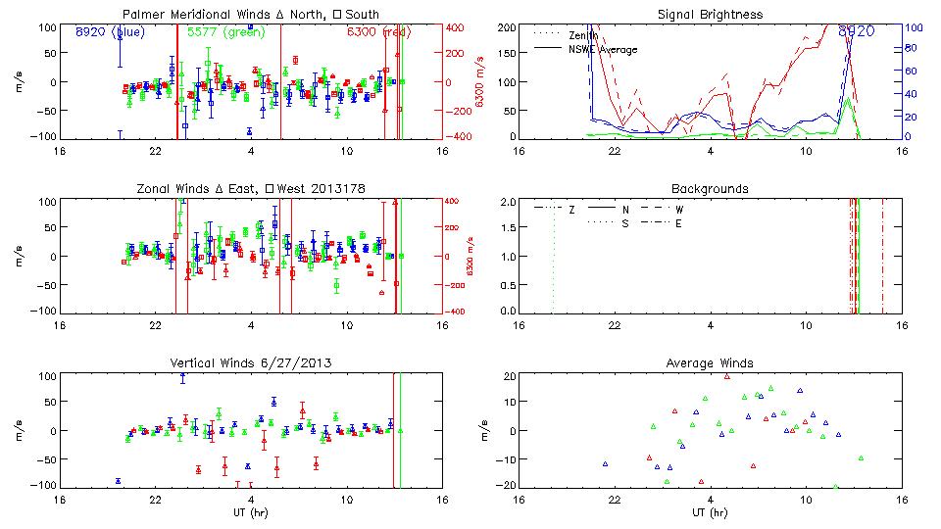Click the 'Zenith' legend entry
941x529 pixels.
(584, 35)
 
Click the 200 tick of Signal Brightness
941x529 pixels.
(506, 26)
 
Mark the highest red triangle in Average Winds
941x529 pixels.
(727, 376)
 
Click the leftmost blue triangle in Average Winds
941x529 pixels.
(605, 463)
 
